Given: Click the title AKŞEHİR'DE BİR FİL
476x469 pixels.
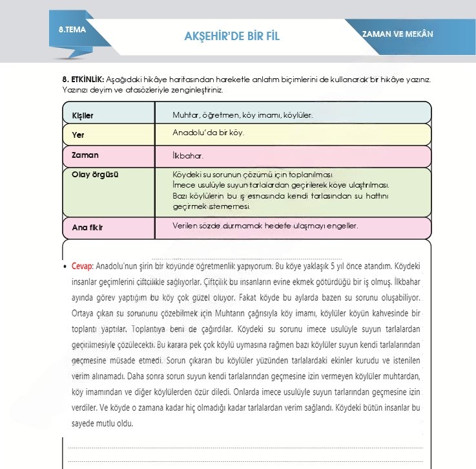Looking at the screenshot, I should [x=231, y=36].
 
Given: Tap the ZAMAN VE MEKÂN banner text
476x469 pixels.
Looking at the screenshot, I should [x=397, y=34].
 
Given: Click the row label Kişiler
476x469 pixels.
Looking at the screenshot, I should [x=83, y=116].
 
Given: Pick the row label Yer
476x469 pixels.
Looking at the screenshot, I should [x=78, y=136].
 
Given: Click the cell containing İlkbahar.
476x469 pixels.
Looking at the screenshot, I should [x=188, y=156].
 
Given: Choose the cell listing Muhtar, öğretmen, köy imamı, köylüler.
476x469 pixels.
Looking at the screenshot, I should [x=242, y=115].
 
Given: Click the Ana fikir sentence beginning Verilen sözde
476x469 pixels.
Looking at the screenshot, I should [x=265, y=226].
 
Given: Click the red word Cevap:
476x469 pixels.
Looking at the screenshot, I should [x=83, y=265].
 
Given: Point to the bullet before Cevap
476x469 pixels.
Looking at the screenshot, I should [x=66, y=266].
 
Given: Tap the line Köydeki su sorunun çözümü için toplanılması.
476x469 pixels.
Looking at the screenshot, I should [x=252, y=175].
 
